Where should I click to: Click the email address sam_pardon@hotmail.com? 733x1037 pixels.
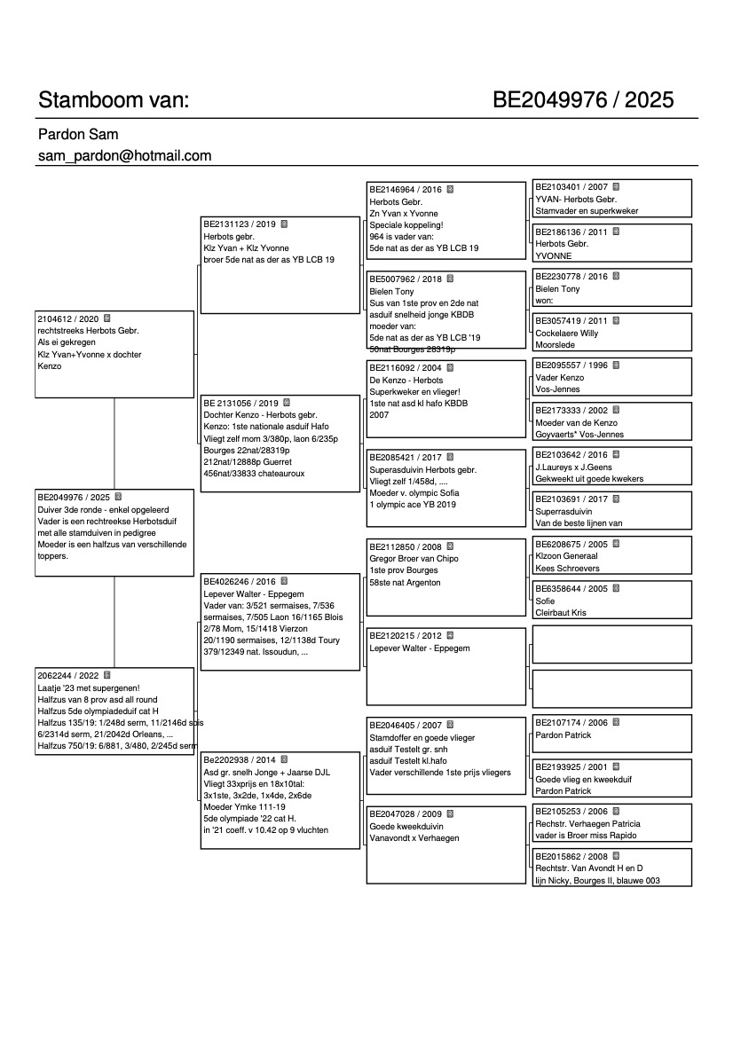click(x=124, y=156)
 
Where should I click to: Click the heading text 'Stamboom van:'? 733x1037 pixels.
click(x=114, y=99)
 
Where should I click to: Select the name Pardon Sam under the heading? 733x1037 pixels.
click(x=78, y=135)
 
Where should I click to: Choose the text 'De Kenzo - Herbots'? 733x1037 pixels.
click(x=406, y=380)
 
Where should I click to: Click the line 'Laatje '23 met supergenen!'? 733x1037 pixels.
click(x=87, y=687)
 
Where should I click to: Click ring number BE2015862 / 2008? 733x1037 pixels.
click(x=571, y=857)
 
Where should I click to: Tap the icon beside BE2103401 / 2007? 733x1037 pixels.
click(x=616, y=187)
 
